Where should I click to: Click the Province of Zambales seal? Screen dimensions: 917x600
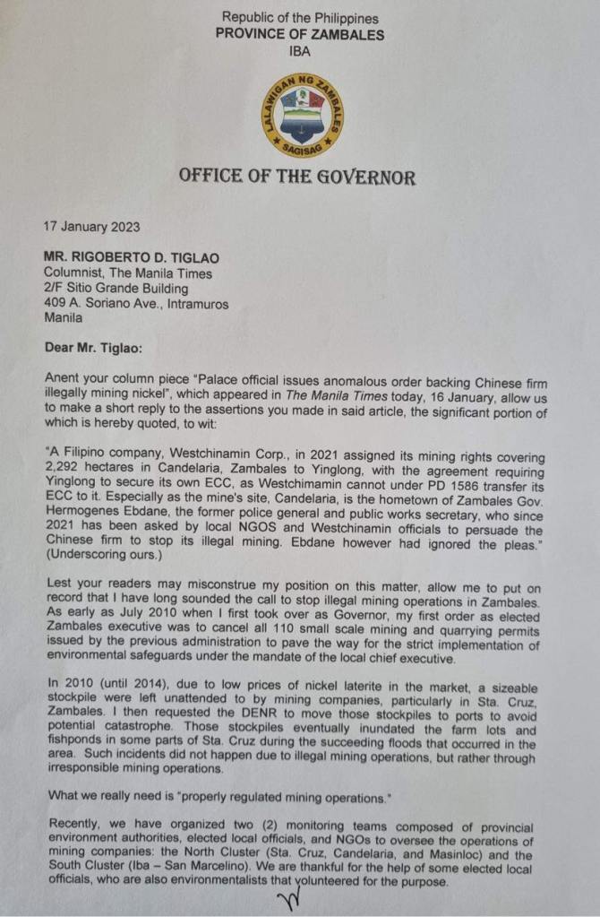(x=300, y=112)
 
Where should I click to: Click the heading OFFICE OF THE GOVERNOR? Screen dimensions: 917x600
(x=297, y=176)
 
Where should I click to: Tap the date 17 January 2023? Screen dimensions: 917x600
(x=92, y=227)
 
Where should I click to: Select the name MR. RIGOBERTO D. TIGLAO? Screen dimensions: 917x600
(x=132, y=257)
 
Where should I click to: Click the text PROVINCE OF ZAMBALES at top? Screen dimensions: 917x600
(x=300, y=34)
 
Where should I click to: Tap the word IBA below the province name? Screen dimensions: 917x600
(x=300, y=51)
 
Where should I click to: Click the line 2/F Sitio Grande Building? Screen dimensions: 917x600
(x=117, y=289)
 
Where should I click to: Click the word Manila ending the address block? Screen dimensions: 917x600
(x=64, y=319)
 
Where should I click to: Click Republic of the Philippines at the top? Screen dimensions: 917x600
(x=300, y=17)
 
